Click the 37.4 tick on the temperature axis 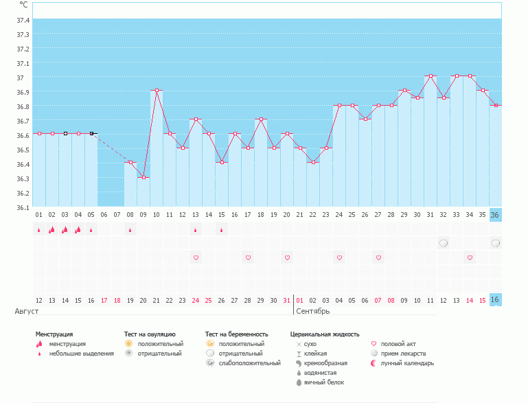[x=23, y=20]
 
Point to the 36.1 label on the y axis [x=23, y=207]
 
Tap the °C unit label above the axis [x=23, y=5]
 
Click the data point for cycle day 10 [x=157, y=90]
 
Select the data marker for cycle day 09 [x=144, y=177]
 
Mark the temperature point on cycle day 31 [x=431, y=76]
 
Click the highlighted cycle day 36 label [x=496, y=214]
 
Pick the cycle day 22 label [x=313, y=214]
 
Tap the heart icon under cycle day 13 [x=196, y=257]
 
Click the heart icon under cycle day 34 [x=470, y=257]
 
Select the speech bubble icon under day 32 [x=444, y=243]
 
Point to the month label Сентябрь [x=312, y=311]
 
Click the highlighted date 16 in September [x=496, y=300]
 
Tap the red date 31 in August [x=287, y=300]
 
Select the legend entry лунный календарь [x=407, y=362]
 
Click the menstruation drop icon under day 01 [x=39, y=229]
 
